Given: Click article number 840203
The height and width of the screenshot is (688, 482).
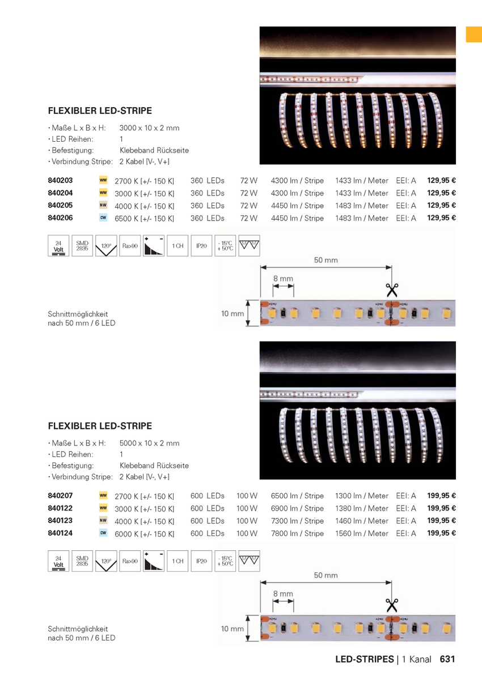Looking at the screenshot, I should [x=60, y=180].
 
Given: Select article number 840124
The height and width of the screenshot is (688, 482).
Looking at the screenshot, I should [x=60, y=533].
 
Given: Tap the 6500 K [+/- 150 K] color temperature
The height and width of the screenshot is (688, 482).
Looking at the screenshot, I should [x=144, y=218].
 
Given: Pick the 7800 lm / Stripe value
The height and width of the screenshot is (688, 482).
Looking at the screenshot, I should [x=297, y=533].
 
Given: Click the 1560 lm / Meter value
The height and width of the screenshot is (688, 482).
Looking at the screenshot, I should [x=361, y=533].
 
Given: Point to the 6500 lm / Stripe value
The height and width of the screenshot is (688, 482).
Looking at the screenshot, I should [x=297, y=496].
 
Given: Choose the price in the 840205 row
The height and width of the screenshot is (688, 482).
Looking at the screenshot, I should [x=442, y=205].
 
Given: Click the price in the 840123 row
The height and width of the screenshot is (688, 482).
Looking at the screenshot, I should [x=442, y=520].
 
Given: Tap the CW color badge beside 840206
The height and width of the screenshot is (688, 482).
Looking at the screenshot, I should [x=103, y=218].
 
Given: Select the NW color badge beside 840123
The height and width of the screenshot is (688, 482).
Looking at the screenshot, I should [x=103, y=520].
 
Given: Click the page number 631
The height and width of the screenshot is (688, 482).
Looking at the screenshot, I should [x=447, y=659].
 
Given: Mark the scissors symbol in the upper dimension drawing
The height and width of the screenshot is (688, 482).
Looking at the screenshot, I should [x=391, y=290].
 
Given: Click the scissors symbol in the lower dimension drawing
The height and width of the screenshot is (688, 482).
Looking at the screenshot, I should [x=391, y=605].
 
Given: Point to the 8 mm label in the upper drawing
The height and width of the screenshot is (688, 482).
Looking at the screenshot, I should [x=283, y=279].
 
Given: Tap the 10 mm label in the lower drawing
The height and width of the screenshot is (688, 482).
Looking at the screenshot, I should [x=232, y=628].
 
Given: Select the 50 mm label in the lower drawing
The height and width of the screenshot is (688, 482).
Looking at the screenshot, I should [x=325, y=575].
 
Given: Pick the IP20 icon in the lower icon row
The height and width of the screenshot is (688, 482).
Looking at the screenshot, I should [x=201, y=561].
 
